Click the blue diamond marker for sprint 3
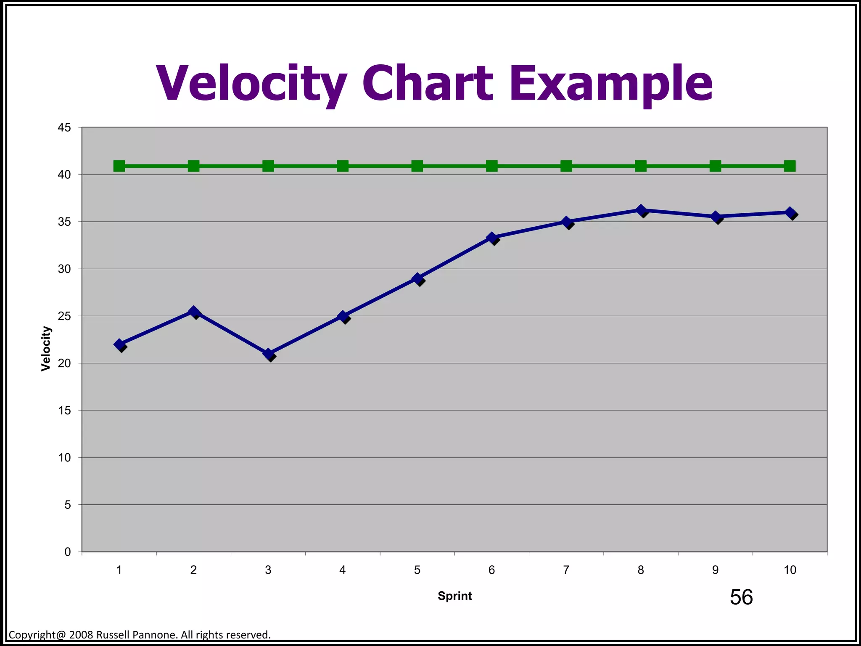coord(268,354)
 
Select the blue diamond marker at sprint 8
coord(641,210)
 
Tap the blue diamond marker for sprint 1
coord(119,344)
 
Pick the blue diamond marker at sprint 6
coord(492,238)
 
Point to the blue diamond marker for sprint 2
coord(193,312)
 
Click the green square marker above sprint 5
coord(417,166)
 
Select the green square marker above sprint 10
coord(790,166)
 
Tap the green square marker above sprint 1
coord(119,166)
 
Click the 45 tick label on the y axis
coord(64,127)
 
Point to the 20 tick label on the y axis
coord(64,363)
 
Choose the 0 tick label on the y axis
coord(68,552)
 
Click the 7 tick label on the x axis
coord(566,570)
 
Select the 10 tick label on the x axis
coord(790,570)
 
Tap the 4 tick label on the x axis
coord(343,570)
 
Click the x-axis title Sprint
coord(455,596)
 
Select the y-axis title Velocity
coord(46,349)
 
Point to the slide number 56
coord(741,597)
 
